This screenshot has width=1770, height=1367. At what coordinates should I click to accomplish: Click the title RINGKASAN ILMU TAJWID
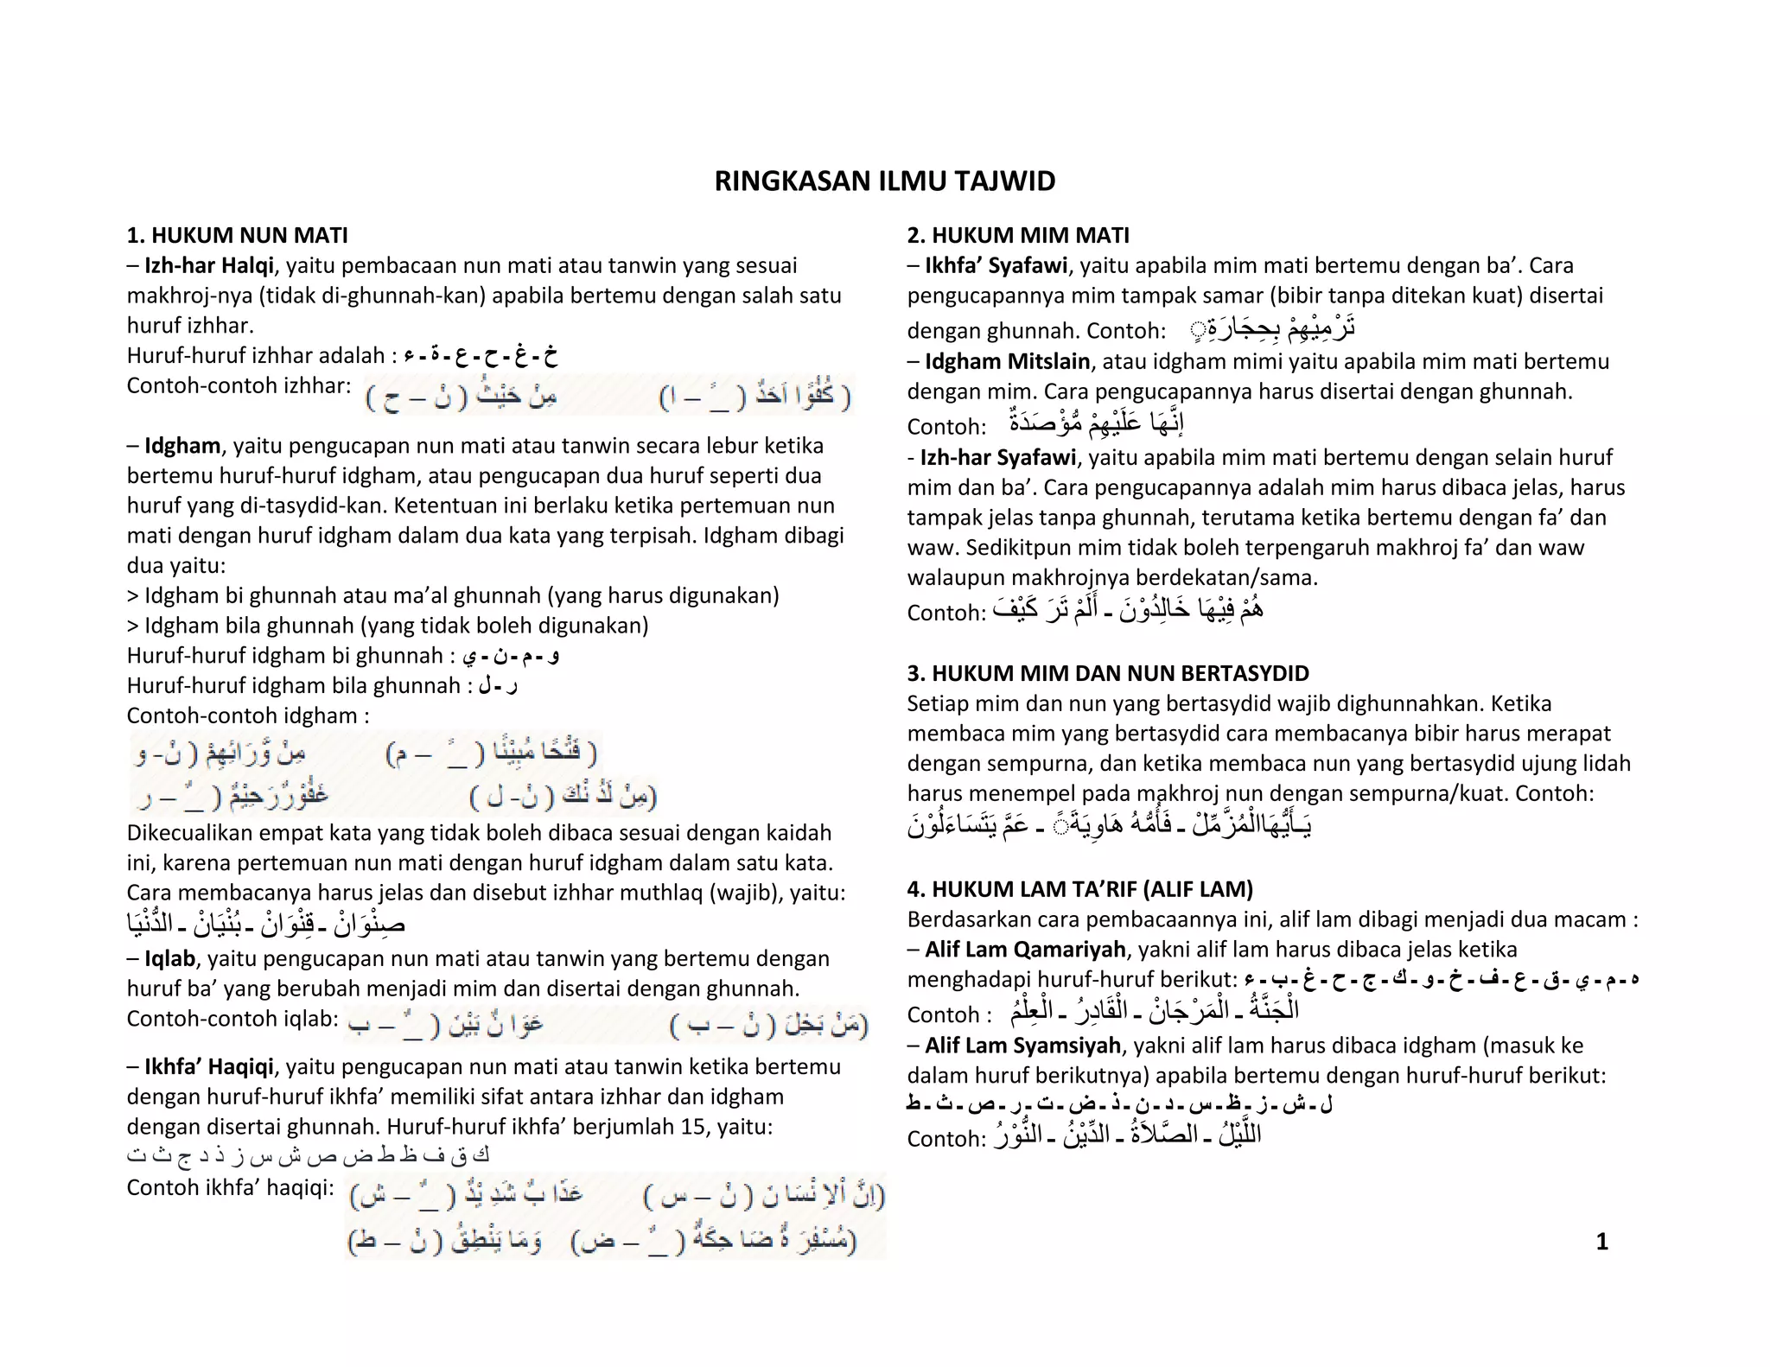pyautogui.click(x=884, y=181)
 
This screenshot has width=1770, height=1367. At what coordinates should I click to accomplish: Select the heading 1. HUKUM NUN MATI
pyautogui.click(x=237, y=235)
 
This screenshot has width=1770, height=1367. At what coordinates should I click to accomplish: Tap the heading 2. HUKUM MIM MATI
pyautogui.click(x=1017, y=235)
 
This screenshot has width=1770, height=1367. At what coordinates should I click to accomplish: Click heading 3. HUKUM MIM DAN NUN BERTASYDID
pyautogui.click(x=1107, y=673)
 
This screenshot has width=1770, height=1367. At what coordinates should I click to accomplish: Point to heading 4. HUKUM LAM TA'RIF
pyautogui.click(x=1079, y=889)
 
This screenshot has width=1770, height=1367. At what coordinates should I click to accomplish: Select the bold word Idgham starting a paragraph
pyautogui.click(x=182, y=446)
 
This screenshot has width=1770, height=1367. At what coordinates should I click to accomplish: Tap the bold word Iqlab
pyautogui.click(x=169, y=958)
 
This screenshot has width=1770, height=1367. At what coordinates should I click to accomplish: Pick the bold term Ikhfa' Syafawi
pyautogui.click(x=996, y=265)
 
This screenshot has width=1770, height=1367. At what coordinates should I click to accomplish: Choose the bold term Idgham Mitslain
pyautogui.click(x=1007, y=361)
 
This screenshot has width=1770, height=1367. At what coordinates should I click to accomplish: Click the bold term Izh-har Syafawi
pyautogui.click(x=997, y=457)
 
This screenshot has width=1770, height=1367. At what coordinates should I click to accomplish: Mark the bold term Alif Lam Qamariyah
pyautogui.click(x=1024, y=950)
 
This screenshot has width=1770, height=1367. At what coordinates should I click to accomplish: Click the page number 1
pyautogui.click(x=1601, y=1242)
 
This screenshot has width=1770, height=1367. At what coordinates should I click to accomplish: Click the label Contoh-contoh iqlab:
pyautogui.click(x=232, y=1019)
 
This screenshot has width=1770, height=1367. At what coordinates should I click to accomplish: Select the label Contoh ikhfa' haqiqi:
pyautogui.click(x=230, y=1187)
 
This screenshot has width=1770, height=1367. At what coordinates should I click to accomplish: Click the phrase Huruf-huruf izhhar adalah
pyautogui.click(x=255, y=355)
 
